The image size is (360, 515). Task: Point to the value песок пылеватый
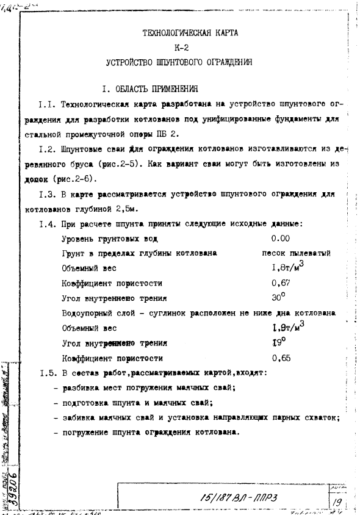pyautogui.click(x=287, y=253)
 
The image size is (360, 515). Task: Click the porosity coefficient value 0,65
pyautogui.click(x=281, y=358)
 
